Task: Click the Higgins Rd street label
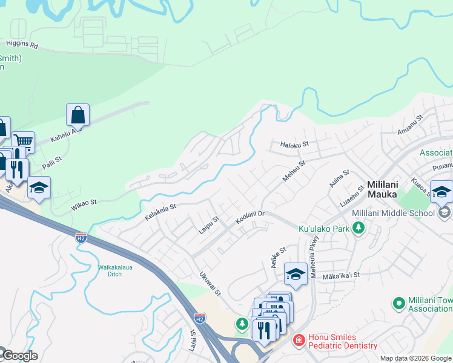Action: point(22,44)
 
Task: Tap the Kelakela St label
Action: point(160,212)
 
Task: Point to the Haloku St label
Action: point(295,145)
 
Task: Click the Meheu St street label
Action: point(294,171)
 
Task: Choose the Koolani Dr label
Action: point(250,218)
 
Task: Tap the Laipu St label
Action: point(208,225)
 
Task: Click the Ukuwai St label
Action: point(210,283)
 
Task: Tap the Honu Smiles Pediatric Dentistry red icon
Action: point(298,341)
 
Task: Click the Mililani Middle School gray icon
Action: point(445,212)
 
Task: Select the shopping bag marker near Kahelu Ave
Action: point(78,114)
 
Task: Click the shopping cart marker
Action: point(23,142)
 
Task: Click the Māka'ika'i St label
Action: point(342,275)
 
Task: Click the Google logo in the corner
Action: point(19,356)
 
